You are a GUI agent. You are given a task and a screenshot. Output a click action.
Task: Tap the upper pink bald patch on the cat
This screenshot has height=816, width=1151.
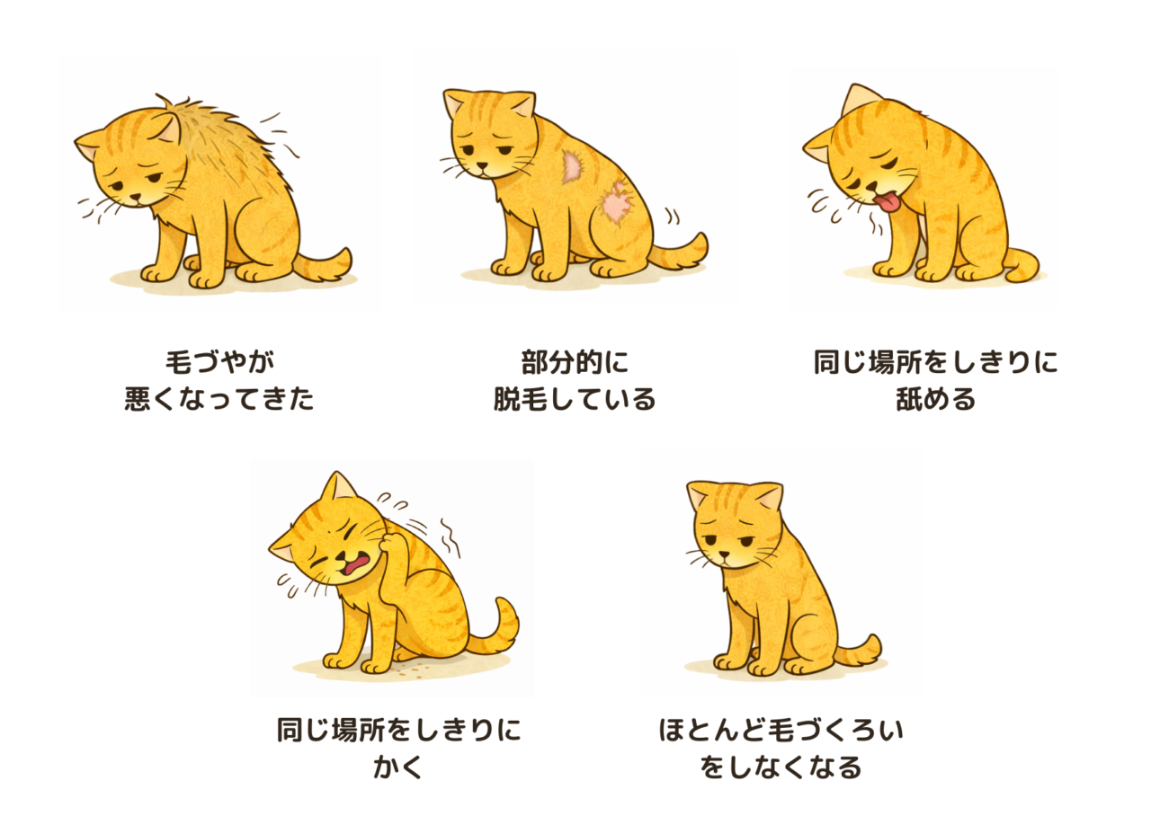[572, 166]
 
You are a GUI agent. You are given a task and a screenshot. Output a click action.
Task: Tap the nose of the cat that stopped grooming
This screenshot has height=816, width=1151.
[724, 554]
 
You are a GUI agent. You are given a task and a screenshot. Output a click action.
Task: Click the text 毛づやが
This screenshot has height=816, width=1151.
[219, 362]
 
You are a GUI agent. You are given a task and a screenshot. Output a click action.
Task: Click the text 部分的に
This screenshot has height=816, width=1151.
[575, 362]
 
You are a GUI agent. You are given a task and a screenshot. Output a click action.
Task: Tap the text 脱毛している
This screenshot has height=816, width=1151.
[575, 399]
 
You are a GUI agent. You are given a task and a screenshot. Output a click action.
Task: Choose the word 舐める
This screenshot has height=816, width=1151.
[936, 399]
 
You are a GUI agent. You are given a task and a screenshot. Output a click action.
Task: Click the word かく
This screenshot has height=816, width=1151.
[398, 767]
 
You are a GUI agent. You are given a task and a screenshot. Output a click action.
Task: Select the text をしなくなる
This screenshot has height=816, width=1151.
[781, 767]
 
